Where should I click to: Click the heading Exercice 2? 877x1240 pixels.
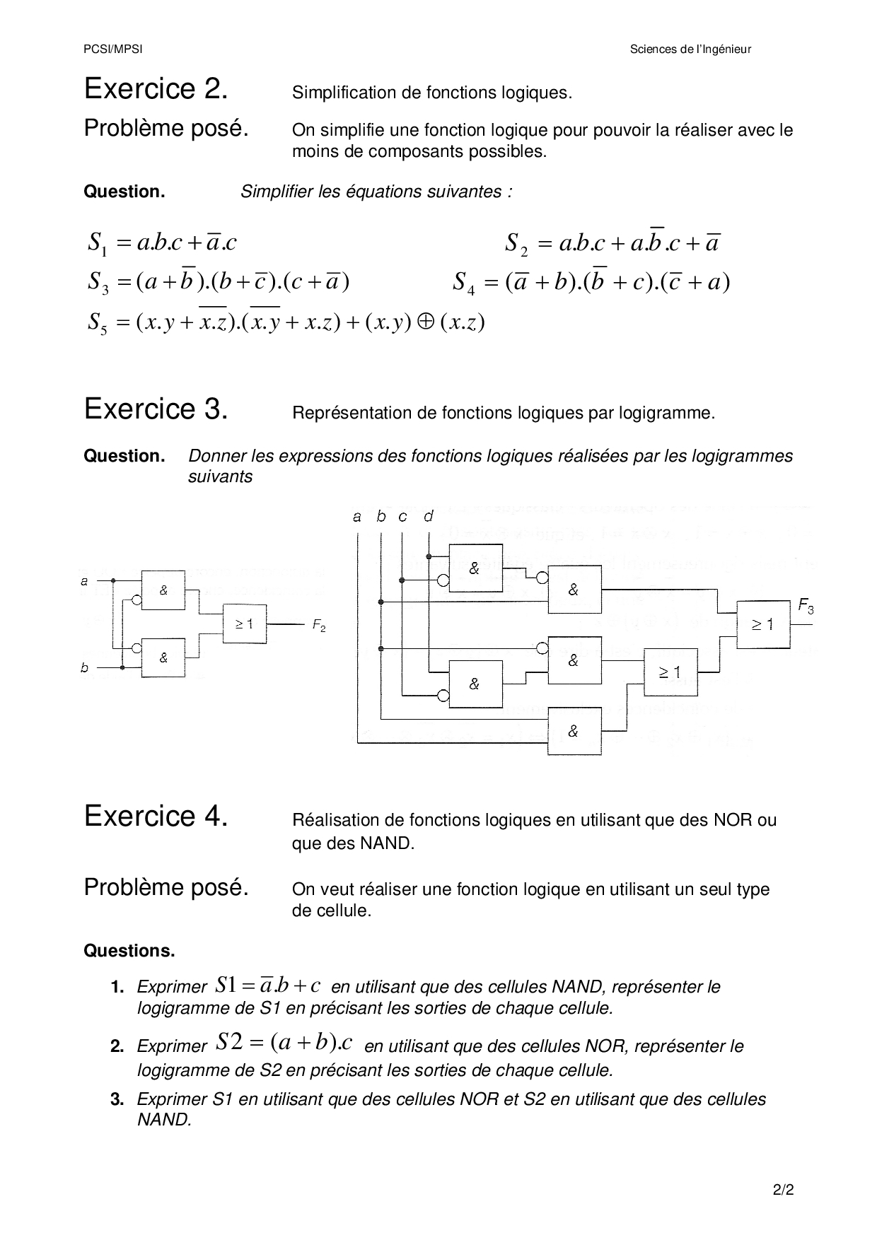[x=156, y=89]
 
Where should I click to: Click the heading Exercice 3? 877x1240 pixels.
[x=156, y=409]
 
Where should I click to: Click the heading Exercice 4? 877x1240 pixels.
[x=156, y=817]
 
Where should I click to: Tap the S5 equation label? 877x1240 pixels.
[x=97, y=324]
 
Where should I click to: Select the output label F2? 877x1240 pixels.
[x=319, y=626]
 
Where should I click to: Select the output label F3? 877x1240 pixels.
[x=806, y=605]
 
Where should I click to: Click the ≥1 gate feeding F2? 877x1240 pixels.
[x=245, y=624]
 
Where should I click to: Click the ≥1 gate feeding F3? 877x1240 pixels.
[x=762, y=624]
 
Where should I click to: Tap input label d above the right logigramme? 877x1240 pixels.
[x=429, y=517]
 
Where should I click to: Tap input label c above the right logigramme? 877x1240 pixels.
[x=402, y=517]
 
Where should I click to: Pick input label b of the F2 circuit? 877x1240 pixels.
[x=85, y=667]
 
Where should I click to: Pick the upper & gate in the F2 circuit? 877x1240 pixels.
[x=163, y=590]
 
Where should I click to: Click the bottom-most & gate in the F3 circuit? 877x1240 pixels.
[x=574, y=732]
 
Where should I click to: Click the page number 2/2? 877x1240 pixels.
[x=784, y=1190]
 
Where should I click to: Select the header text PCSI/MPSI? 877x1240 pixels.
[x=103, y=49]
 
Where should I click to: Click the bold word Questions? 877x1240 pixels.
[x=129, y=951]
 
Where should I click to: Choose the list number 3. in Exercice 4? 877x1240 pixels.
[x=117, y=1099]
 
